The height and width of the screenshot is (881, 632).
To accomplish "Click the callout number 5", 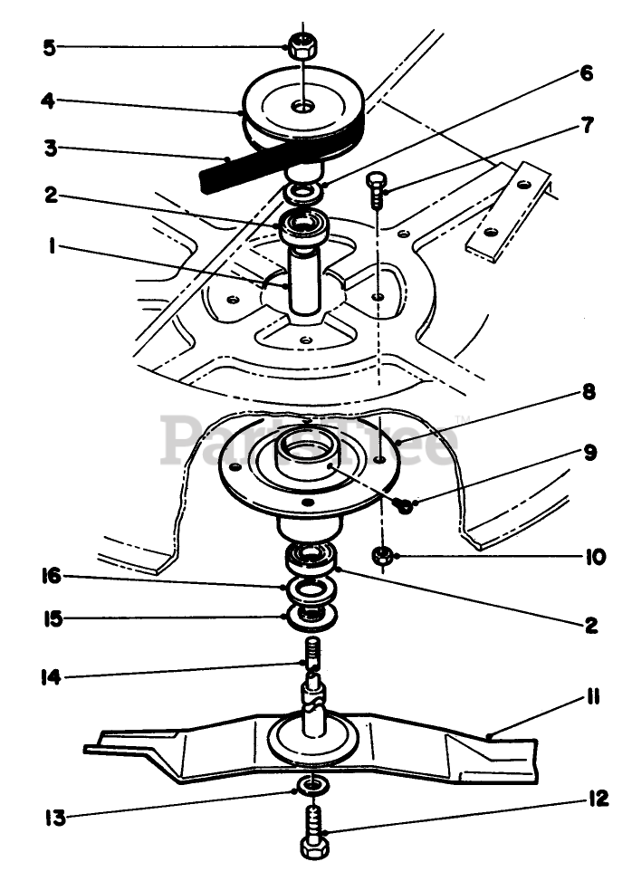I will point(49,45).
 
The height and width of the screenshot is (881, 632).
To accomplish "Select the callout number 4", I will point(50,101).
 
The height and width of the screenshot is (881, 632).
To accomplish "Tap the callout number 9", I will point(590,452).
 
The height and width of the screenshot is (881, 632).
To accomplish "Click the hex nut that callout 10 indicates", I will point(383,555).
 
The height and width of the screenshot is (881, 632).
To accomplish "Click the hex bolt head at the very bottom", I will point(315,848).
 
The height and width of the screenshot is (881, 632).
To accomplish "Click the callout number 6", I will point(587,73).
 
